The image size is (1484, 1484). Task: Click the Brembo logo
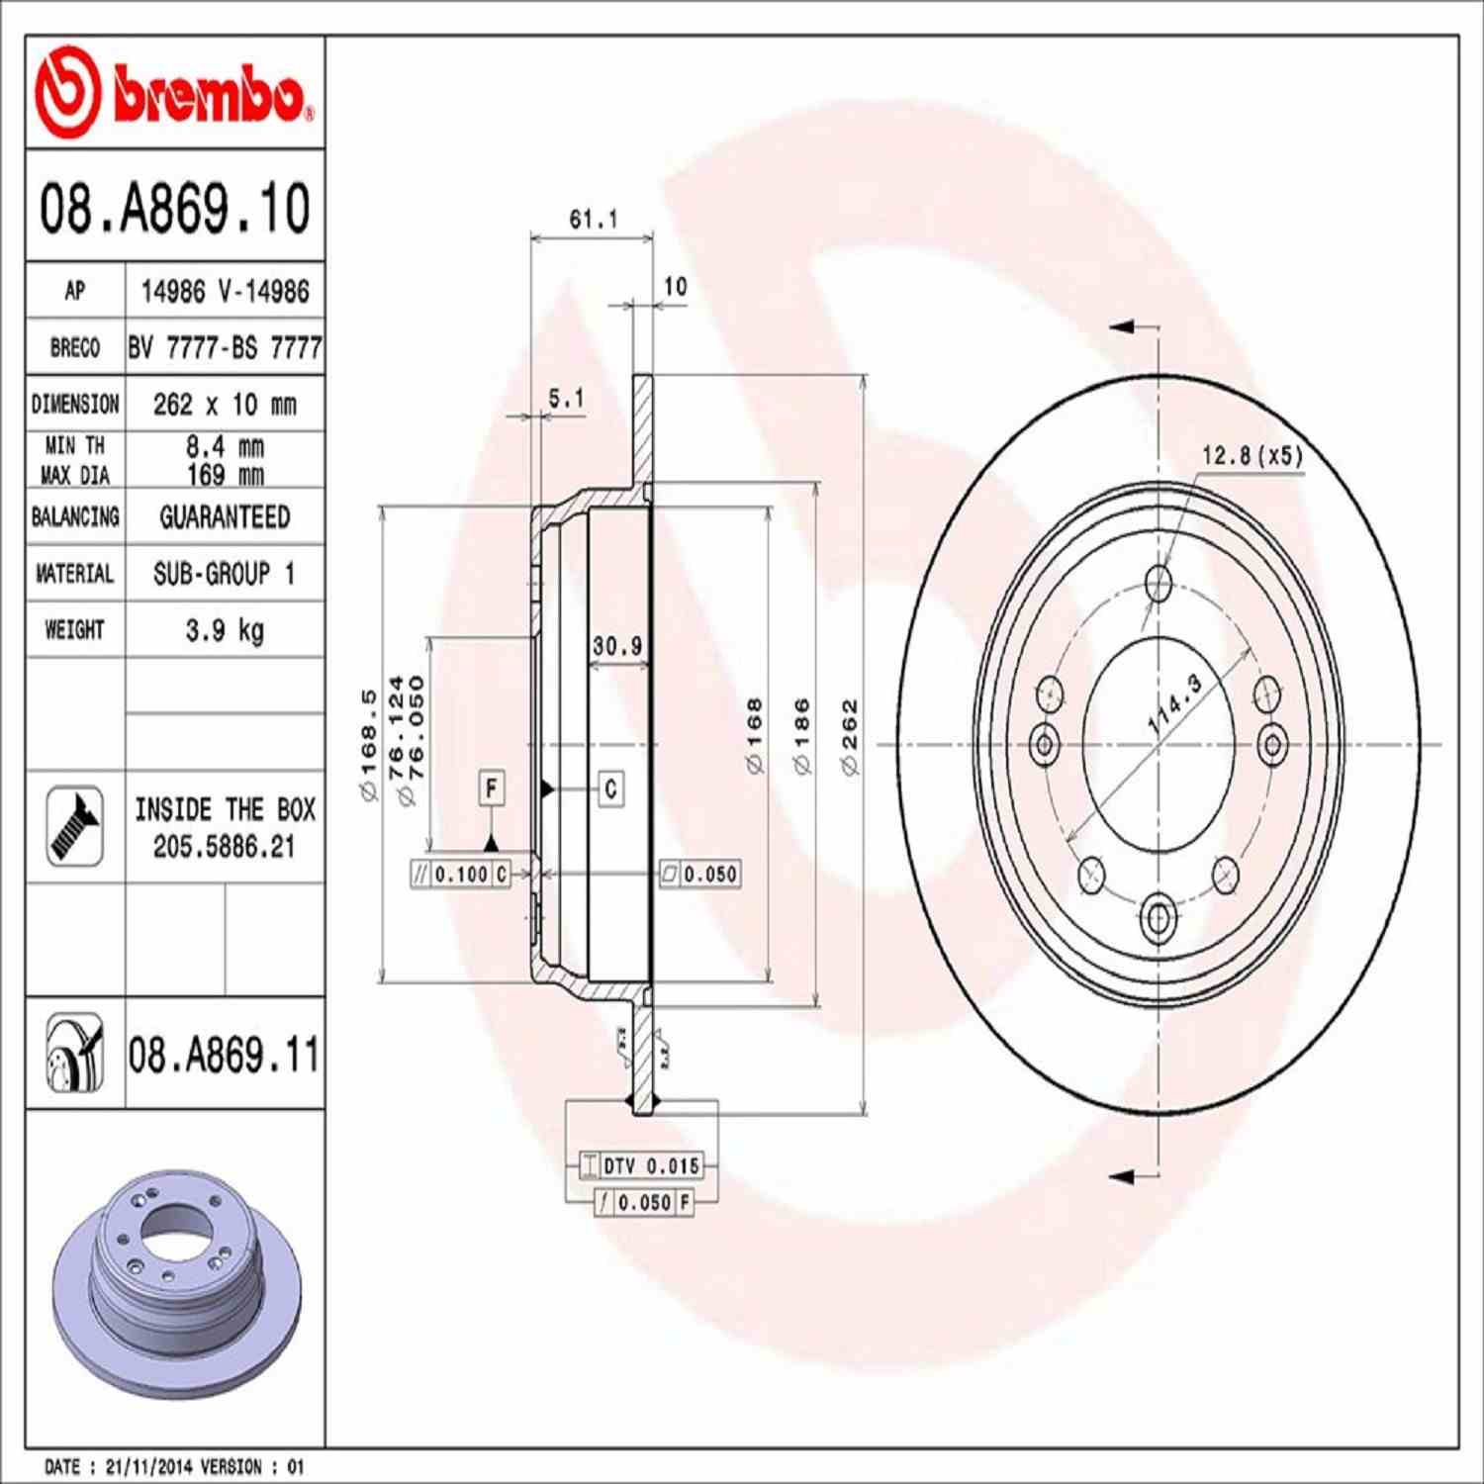coord(174,93)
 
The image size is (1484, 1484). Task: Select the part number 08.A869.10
coord(174,208)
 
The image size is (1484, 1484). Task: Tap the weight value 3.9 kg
coord(225,630)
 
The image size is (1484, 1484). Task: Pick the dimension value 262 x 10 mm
coord(225,405)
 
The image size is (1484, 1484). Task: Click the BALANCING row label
coord(75,517)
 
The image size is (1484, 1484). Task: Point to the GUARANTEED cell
coord(225,517)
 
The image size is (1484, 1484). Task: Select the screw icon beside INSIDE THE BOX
coord(75,826)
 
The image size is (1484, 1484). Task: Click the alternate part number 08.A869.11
coord(224,1055)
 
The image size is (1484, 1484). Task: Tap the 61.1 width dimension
coord(593,220)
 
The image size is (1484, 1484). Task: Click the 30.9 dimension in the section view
coord(617,646)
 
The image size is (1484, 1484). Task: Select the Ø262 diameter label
coord(850,737)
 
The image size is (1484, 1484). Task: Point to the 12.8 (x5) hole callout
coord(1252,455)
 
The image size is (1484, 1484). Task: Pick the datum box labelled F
coord(492,788)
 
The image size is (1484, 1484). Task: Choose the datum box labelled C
coord(610,788)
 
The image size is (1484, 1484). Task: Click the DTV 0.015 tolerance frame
coord(641,1166)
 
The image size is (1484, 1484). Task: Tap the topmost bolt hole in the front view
coord(1159,583)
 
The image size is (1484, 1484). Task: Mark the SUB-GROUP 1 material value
coord(225,574)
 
